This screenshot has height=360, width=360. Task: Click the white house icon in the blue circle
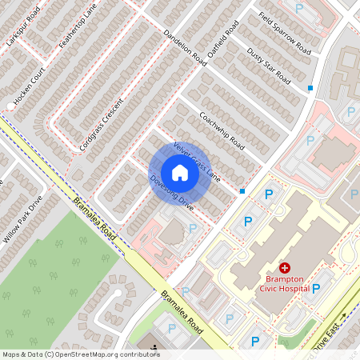[180, 173]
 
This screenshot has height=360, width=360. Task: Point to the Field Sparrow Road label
[284, 33]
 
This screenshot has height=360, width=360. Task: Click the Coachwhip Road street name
[221, 130]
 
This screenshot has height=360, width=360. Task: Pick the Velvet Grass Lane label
[196, 161]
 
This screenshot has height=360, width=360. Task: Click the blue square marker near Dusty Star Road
[310, 87]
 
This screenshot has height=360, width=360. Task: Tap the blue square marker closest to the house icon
[242, 190]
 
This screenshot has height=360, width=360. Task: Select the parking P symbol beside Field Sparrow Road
[299, 8]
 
